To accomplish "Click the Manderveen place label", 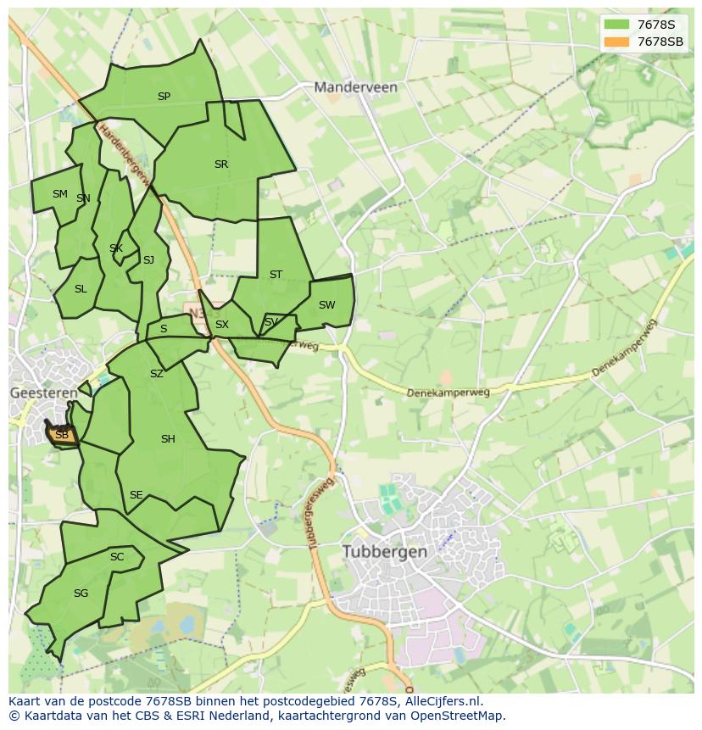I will tap(355, 86).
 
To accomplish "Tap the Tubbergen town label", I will tap(385, 551).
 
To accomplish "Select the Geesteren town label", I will tap(43, 393).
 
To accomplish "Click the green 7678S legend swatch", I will tap(617, 25).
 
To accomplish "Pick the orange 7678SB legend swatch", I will tap(617, 42).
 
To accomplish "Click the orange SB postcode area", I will tap(62, 435).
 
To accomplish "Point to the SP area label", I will tap(164, 97).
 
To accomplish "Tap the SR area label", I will tap(221, 164).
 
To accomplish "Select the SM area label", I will tap(59, 194).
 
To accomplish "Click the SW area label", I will tap(326, 305).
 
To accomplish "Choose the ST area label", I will tap(276, 275).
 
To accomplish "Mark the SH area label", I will tap(168, 439).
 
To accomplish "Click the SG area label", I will tap(81, 593).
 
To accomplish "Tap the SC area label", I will tap(117, 557).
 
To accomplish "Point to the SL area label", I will tap(81, 289).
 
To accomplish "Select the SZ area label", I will tap(156, 374).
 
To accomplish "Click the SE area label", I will tap(136, 495).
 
